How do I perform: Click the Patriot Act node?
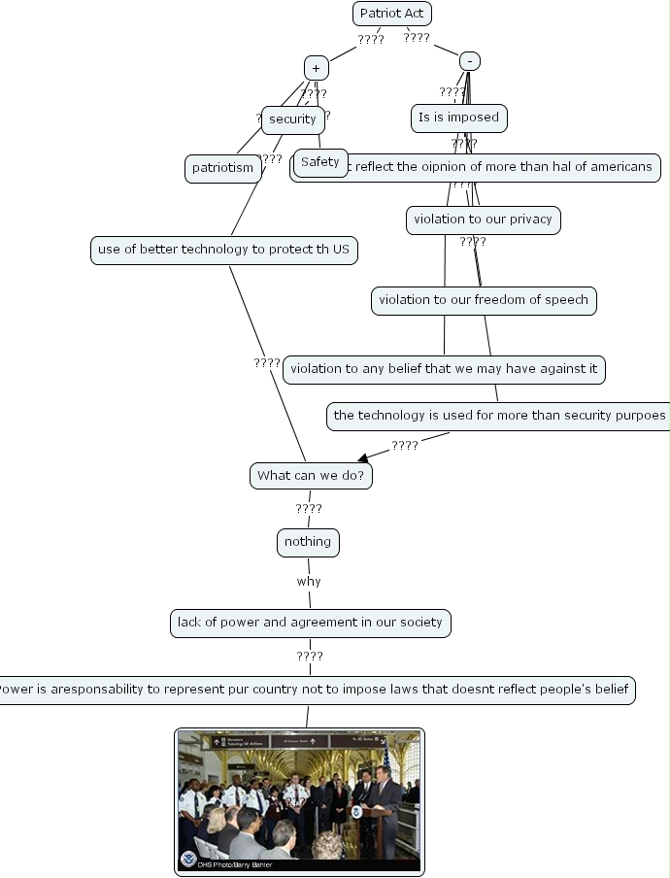point(391,13)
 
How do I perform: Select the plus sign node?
point(316,68)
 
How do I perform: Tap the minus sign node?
point(469,60)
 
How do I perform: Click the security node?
point(292,119)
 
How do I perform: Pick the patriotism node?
point(222,168)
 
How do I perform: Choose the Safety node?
point(319,162)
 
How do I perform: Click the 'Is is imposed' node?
point(458,118)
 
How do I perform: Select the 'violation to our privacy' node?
point(483,219)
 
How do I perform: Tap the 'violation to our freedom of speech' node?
point(484,300)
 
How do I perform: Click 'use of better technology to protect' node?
point(223,250)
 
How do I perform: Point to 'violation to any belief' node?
point(445,369)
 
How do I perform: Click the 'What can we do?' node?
point(311,476)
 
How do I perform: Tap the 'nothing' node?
point(308,542)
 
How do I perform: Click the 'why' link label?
point(309,582)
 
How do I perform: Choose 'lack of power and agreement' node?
point(310,623)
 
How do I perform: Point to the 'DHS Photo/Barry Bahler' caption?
point(234,864)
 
